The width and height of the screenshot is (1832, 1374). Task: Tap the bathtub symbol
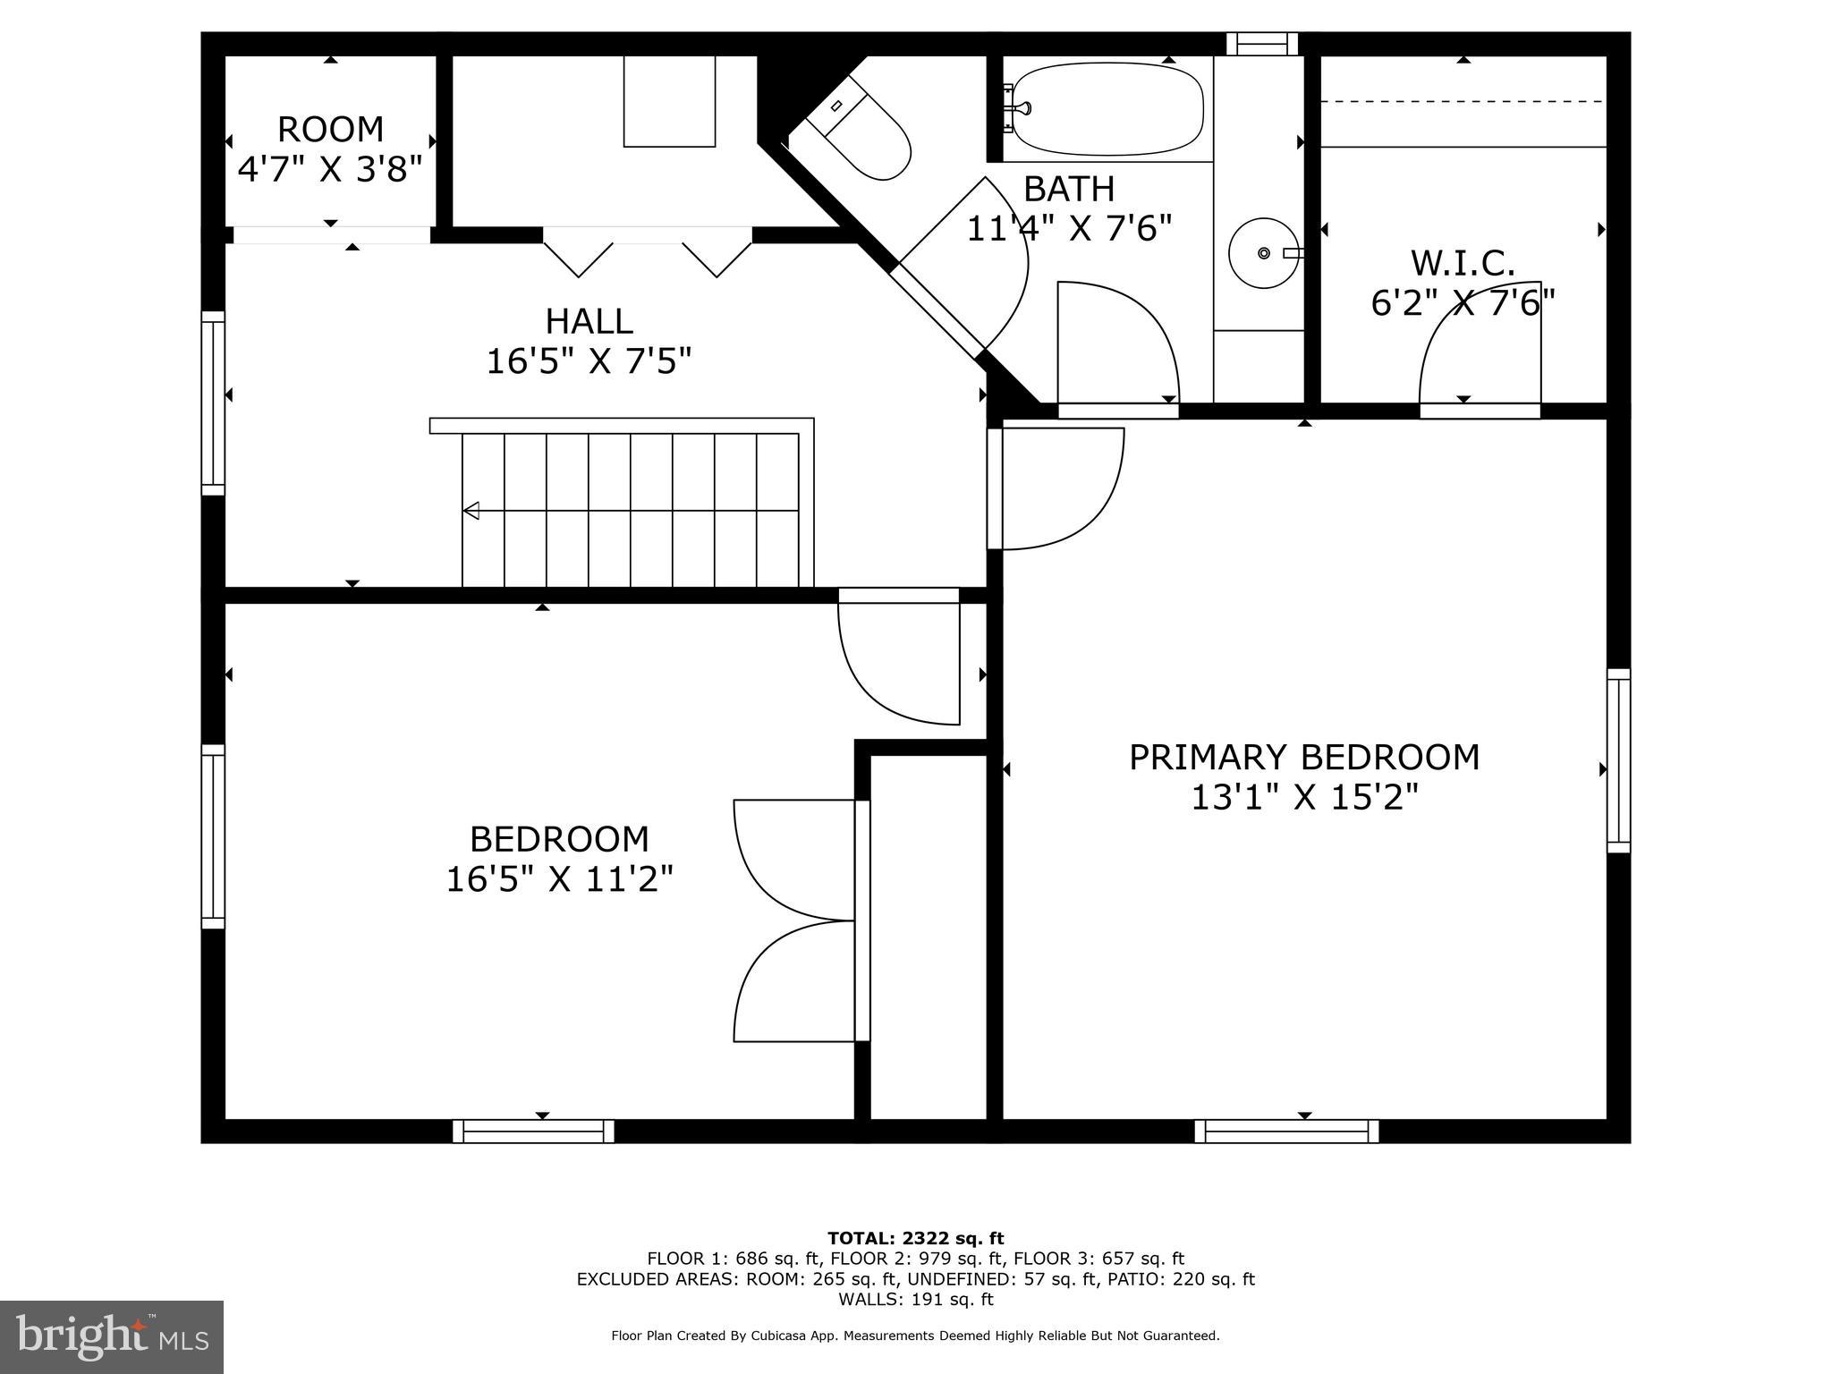(x=1107, y=109)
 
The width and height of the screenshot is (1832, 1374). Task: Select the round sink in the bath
(x=1262, y=254)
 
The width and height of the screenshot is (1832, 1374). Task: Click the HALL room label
(x=589, y=321)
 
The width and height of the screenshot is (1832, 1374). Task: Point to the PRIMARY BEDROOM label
(x=1303, y=758)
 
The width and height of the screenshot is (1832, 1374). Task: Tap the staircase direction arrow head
(x=471, y=511)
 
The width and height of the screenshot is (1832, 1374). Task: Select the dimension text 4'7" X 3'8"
(x=329, y=168)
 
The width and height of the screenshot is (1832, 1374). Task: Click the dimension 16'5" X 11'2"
(x=559, y=879)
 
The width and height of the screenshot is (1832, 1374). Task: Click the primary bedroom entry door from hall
(x=1060, y=488)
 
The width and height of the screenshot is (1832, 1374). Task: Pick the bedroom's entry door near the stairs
(x=899, y=662)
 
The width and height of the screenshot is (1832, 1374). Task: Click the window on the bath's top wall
(x=1261, y=43)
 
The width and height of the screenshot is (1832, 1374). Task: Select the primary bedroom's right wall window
(x=1618, y=760)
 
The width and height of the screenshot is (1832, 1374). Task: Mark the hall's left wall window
(x=213, y=403)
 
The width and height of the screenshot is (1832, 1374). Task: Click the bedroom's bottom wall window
(x=533, y=1132)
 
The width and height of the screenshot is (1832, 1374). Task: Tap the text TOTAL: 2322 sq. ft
(x=915, y=1239)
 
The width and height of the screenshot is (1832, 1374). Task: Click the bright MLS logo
(x=112, y=1336)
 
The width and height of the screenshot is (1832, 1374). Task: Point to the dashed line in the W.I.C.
(x=1463, y=102)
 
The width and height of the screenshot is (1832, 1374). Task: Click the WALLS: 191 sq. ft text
(x=915, y=1300)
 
